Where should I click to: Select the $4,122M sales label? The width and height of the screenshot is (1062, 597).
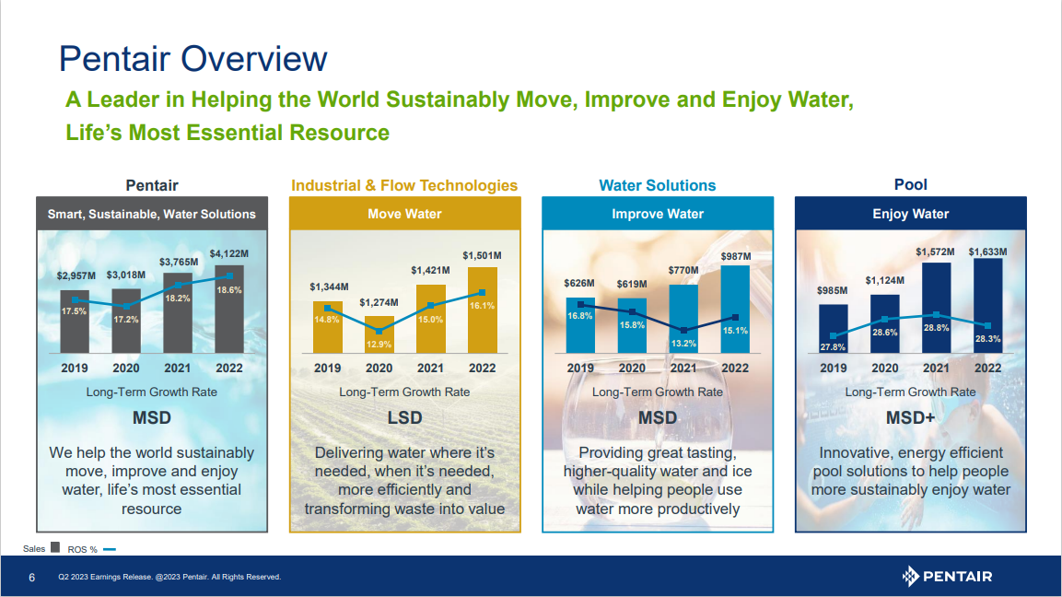coord(228,253)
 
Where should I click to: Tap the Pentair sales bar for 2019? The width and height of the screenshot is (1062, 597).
coord(75,322)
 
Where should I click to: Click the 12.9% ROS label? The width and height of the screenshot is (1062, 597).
coord(379,344)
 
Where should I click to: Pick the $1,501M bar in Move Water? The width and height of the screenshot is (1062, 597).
coord(482,310)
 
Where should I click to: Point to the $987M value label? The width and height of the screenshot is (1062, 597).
coord(736,254)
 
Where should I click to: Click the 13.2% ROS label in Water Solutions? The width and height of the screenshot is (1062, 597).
coord(683,344)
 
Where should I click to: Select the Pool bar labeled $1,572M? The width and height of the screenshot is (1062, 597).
coord(936,308)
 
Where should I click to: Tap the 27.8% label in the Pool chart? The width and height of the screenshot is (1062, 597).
coord(833,347)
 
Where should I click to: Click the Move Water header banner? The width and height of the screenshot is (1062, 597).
coord(404,214)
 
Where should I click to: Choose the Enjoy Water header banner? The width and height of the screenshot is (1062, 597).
coord(910,214)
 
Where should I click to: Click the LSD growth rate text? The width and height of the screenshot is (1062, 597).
coord(404,418)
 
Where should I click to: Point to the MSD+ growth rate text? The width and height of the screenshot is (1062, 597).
coord(910,418)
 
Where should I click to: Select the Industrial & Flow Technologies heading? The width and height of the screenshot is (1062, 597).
coord(404,185)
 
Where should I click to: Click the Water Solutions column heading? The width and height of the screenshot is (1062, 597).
coord(657,185)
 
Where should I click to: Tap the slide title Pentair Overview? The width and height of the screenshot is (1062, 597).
coord(193,59)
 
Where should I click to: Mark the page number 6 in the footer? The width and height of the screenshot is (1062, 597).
coord(32,578)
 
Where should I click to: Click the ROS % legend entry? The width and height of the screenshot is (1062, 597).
coord(91,549)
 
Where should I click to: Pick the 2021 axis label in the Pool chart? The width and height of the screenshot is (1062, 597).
coord(936,369)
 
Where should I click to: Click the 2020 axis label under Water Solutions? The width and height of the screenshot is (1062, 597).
coord(632,369)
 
